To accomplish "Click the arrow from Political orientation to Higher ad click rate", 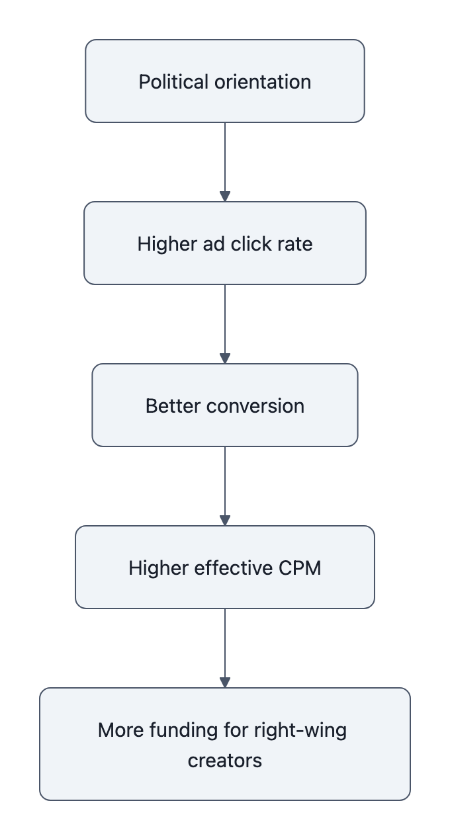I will [225, 162].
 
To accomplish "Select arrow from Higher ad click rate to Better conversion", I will [225, 324].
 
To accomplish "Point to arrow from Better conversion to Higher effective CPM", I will [225, 486].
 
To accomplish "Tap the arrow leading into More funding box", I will [225, 648].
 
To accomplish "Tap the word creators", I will [225, 760].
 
